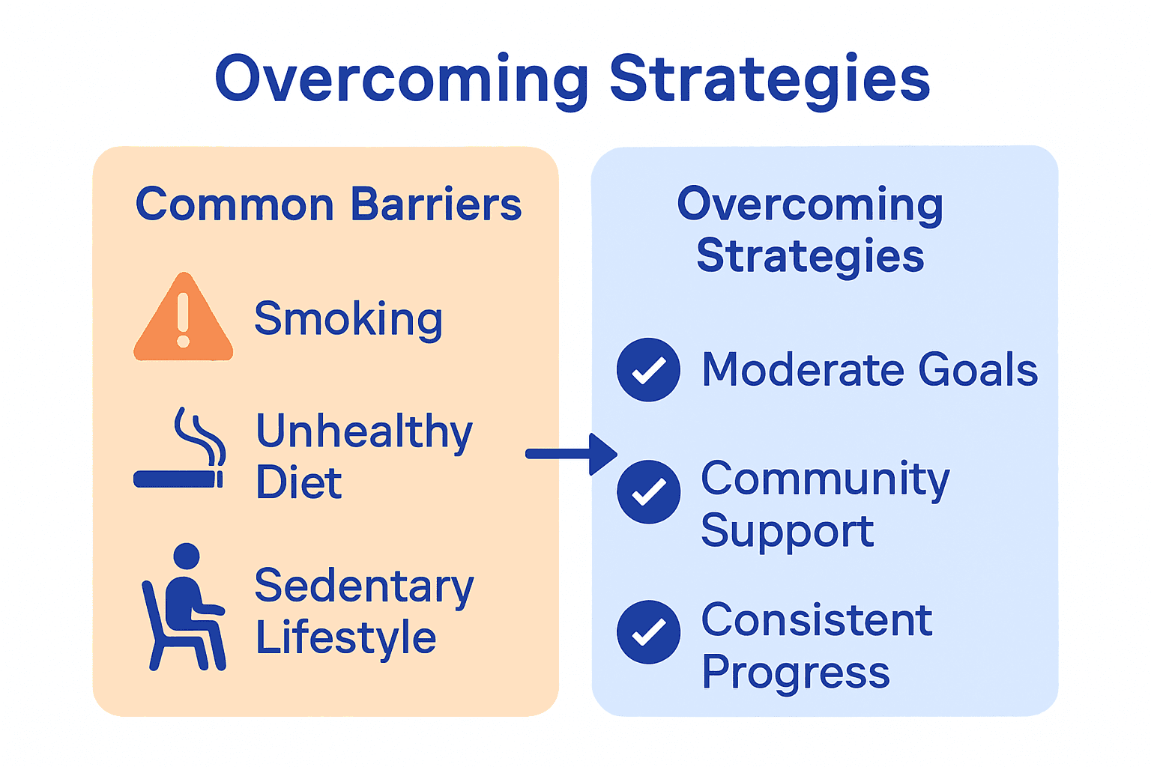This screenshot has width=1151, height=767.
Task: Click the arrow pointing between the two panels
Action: (x=571, y=454)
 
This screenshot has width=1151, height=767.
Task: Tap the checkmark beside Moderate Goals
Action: (x=648, y=369)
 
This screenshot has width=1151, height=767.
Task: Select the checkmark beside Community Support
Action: (x=648, y=491)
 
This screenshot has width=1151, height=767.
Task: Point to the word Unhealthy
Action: (x=364, y=432)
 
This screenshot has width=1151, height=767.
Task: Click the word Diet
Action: (x=298, y=482)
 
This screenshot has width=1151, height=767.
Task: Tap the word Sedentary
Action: (x=364, y=586)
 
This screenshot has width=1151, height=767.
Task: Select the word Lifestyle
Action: (x=345, y=638)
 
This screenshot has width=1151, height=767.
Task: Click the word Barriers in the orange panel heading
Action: (x=436, y=204)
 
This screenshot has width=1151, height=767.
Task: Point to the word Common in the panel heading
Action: (x=235, y=204)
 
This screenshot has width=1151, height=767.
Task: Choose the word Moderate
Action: (x=803, y=370)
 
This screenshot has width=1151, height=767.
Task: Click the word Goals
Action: (x=978, y=370)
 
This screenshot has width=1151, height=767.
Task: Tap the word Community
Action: (x=825, y=479)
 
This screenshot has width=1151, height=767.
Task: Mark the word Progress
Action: (x=796, y=673)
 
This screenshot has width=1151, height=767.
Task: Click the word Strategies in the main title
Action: (x=770, y=79)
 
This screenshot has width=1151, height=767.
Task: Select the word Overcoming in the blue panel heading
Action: (x=810, y=204)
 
